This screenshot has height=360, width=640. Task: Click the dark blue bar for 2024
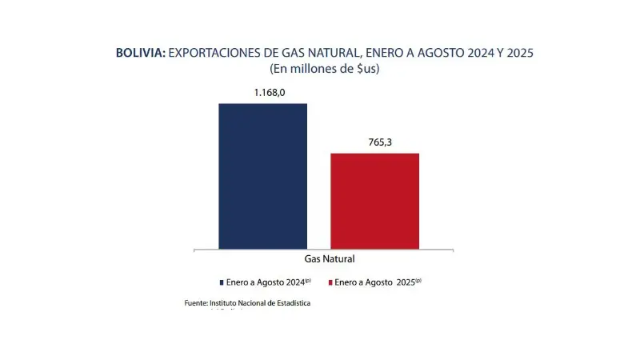tap(262, 176)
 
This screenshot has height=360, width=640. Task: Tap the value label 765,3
tap(374, 142)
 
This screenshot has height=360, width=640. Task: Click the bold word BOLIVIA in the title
tap(140, 53)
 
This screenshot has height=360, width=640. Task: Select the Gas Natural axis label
tap(330, 259)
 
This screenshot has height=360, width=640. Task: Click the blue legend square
tap(222, 282)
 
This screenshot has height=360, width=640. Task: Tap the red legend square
tap(330, 282)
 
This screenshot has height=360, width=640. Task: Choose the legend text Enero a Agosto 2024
tap(269, 282)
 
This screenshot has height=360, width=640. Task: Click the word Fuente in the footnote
tap(194, 303)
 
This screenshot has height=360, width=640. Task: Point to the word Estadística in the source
tap(290, 303)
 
